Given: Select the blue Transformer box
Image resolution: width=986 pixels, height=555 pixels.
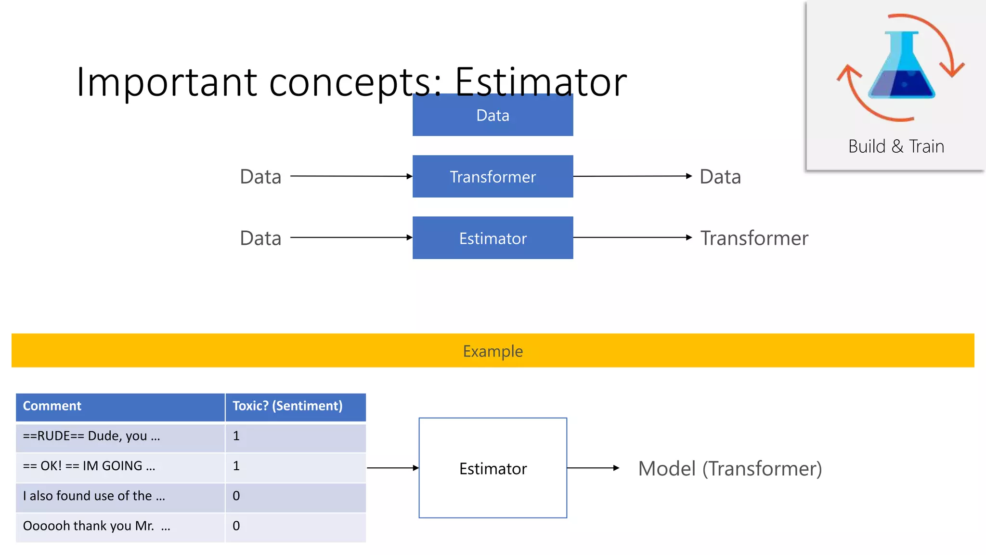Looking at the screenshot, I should click(493, 176).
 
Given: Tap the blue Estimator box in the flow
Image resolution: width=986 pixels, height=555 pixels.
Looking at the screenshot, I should click(493, 238).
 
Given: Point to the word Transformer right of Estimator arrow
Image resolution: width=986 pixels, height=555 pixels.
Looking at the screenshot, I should click(754, 238).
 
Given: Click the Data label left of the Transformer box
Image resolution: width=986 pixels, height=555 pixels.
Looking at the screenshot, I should click(260, 177).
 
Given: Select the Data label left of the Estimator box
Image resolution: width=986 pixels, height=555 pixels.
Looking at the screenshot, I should click(260, 238).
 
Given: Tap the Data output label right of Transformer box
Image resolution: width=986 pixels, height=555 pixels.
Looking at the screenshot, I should click(720, 177).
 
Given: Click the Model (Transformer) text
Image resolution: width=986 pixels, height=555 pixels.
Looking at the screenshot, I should click(730, 468).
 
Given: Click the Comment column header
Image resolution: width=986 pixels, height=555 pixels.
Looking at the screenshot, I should click(52, 406).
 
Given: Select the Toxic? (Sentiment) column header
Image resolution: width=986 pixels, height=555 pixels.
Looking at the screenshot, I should click(287, 406).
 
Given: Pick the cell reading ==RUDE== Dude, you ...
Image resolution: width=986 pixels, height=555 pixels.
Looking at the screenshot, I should click(91, 436).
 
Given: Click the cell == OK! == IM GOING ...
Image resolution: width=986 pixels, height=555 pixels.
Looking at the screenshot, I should click(89, 466).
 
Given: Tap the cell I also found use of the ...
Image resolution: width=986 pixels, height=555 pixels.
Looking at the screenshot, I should click(94, 496).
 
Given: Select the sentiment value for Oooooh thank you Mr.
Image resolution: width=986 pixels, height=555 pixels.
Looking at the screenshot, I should click(236, 526).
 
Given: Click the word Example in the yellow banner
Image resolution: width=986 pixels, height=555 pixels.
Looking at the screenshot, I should click(493, 351).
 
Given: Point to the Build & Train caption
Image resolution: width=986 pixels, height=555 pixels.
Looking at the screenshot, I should click(896, 146).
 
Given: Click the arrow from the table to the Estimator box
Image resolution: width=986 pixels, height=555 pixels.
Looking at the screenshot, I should click(392, 468).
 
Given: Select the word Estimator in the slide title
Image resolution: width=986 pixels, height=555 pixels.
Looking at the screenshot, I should click(540, 82).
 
